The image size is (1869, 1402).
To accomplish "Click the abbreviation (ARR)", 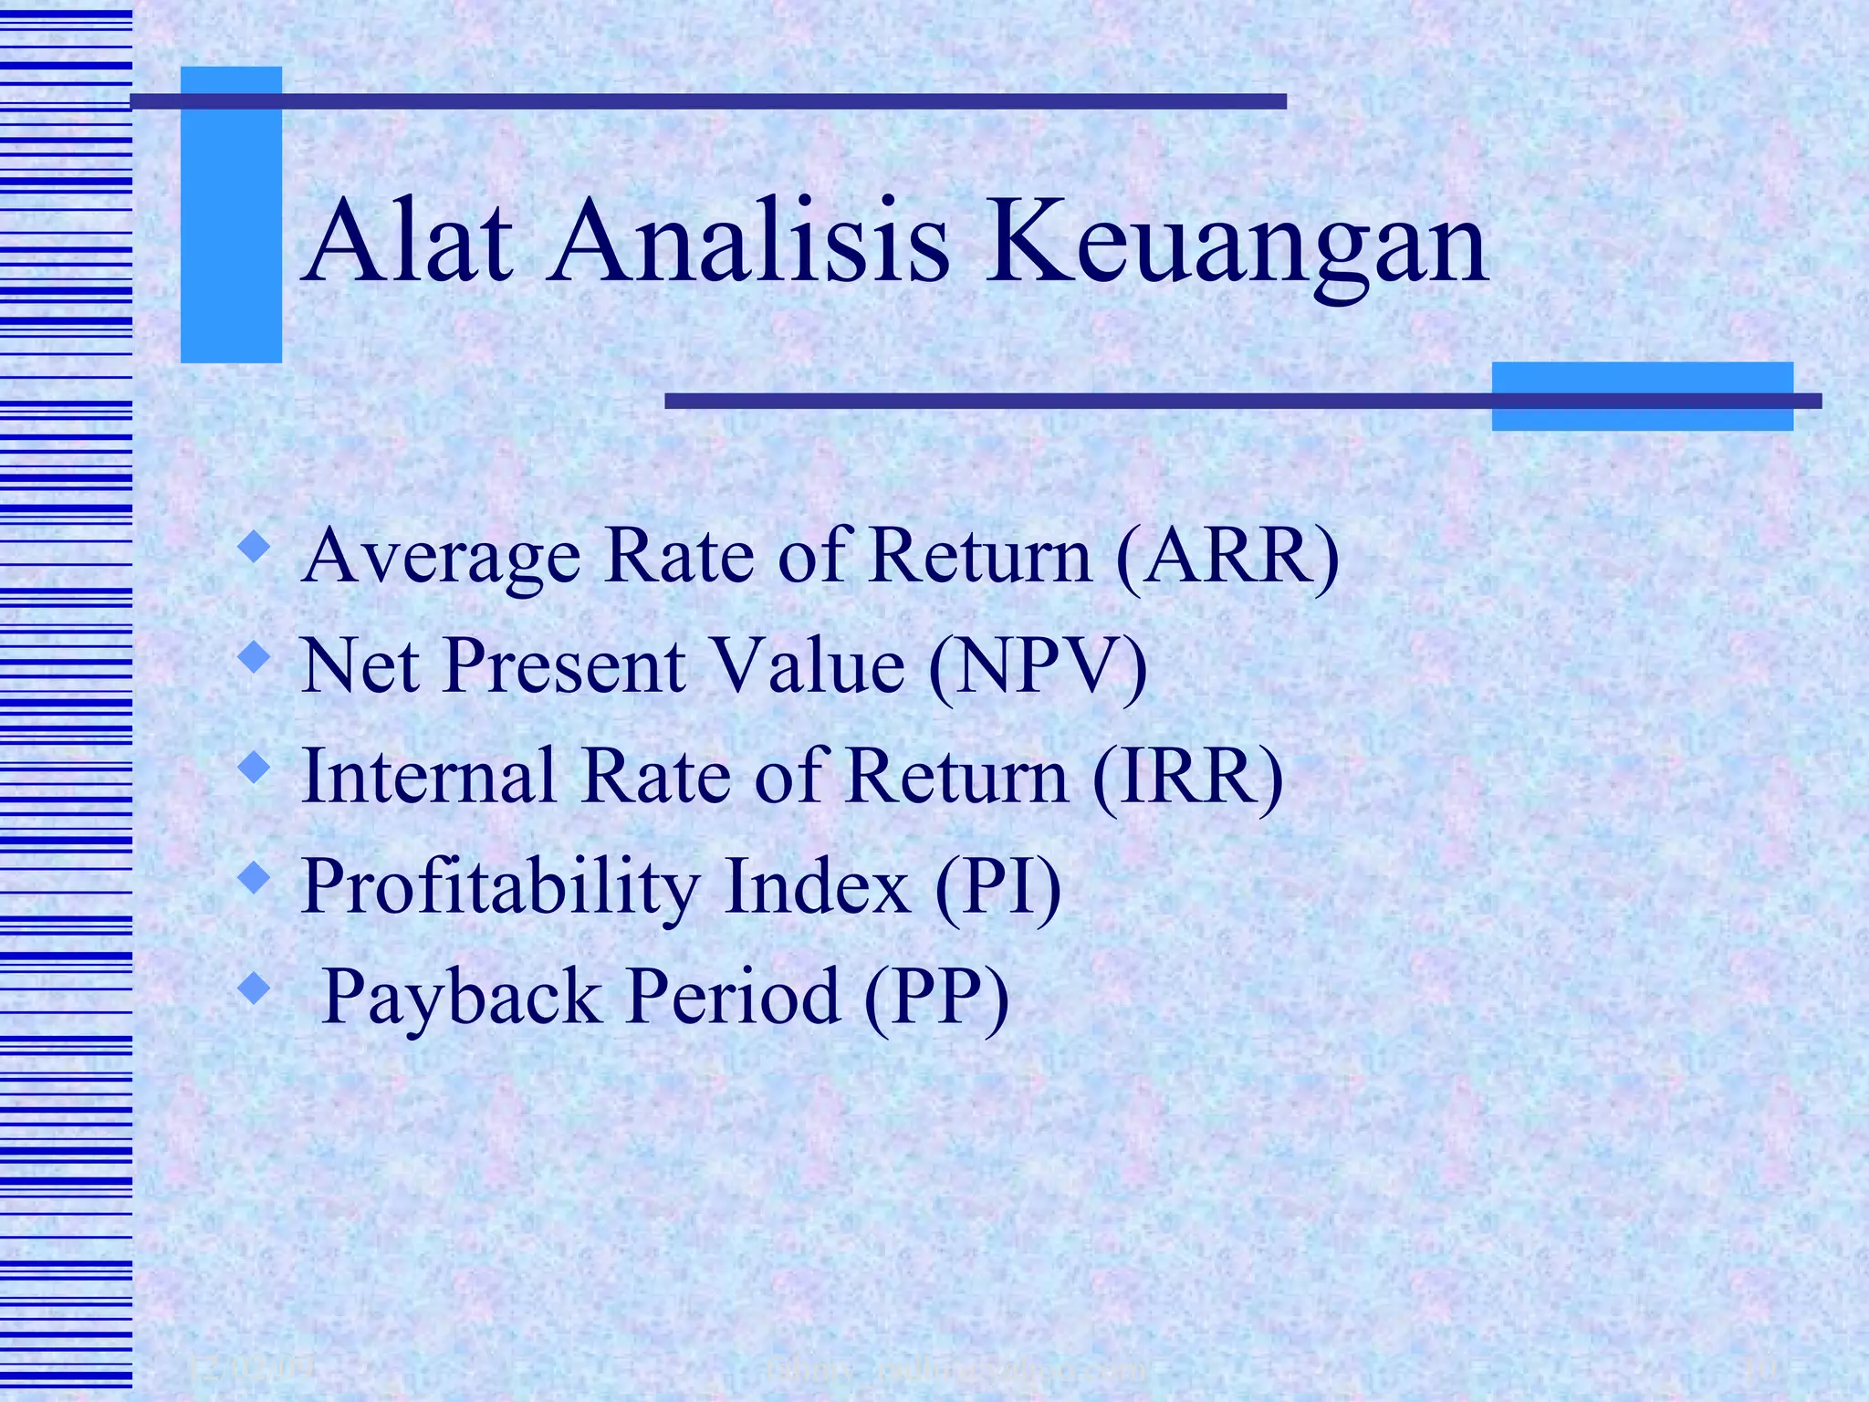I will pyautogui.click(x=1227, y=556).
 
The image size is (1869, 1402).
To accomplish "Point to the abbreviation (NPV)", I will pyautogui.click(x=1038, y=666).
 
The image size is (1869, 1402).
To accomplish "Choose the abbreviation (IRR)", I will pyautogui.click(x=1187, y=776).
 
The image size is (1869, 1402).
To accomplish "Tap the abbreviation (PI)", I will pyautogui.click(x=997, y=886).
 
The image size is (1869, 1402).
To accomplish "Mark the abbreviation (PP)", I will pyautogui.click(x=936, y=997).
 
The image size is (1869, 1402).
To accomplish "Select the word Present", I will pyautogui.click(x=566, y=666).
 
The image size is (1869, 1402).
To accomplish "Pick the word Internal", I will pyautogui.click(x=429, y=776).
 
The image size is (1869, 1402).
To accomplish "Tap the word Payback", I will pyautogui.click(x=461, y=998).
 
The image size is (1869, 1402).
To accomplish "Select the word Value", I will pyautogui.click(x=808, y=666).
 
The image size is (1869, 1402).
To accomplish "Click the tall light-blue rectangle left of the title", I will pyautogui.click(x=231, y=215).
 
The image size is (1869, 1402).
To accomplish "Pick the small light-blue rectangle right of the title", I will pyautogui.click(x=1642, y=396).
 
